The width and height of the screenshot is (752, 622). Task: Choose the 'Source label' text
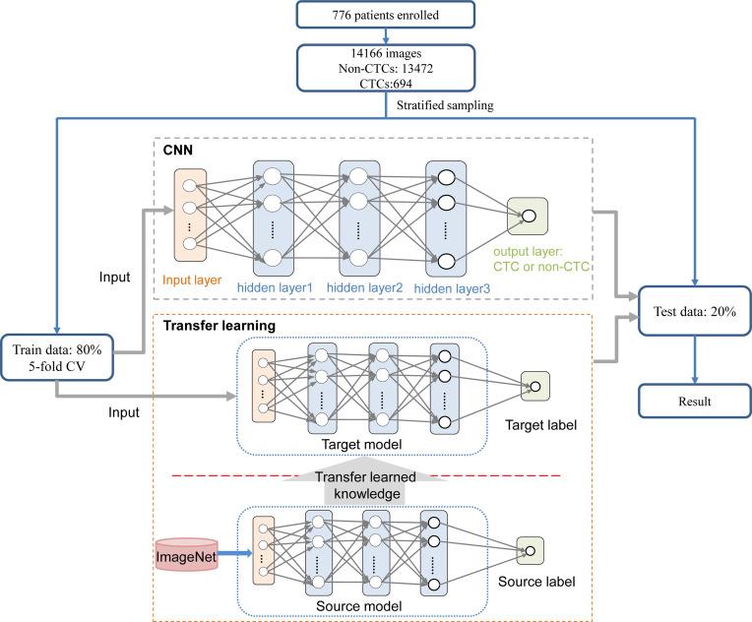pyautogui.click(x=535, y=582)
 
